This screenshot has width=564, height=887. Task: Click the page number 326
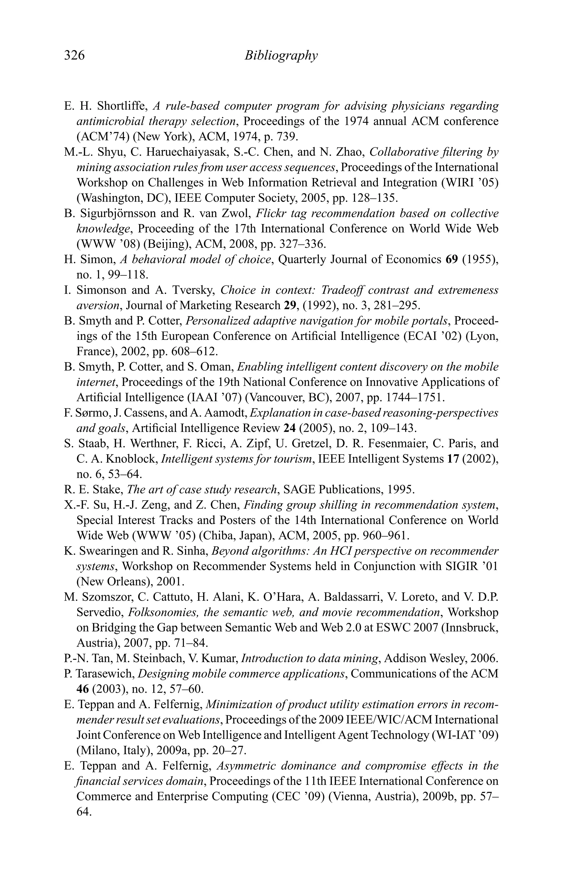tap(74, 55)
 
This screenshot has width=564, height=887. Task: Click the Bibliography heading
tap(281, 55)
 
